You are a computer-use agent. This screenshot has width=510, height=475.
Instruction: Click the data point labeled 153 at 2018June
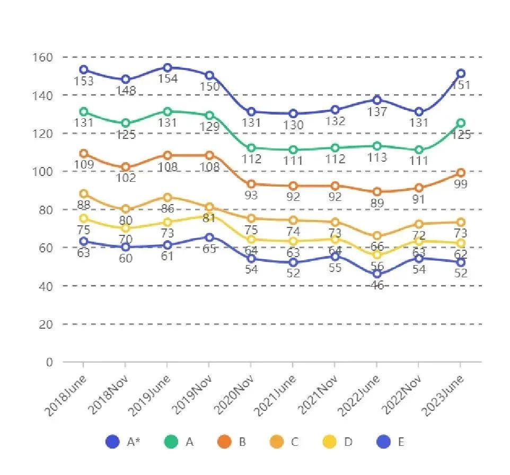83,70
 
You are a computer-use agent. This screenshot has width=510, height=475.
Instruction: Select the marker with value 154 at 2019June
167,68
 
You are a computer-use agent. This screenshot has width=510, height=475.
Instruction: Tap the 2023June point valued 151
461,74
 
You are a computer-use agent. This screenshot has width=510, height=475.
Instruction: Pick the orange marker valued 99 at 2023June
461,173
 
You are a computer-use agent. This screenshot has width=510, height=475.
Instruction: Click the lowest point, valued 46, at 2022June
377,274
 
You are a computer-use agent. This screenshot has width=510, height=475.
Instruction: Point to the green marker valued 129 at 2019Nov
209,116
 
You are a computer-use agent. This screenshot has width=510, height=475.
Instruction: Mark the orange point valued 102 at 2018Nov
125,168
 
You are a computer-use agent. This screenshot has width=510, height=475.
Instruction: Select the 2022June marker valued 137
377,100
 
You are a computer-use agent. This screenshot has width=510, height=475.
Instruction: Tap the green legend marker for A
171,442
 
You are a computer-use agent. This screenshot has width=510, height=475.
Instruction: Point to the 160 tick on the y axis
43,57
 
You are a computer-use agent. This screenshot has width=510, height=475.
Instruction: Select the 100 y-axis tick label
43,171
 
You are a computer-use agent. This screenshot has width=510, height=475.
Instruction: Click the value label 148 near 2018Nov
125,91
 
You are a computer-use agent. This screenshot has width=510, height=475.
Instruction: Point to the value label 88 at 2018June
83,205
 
